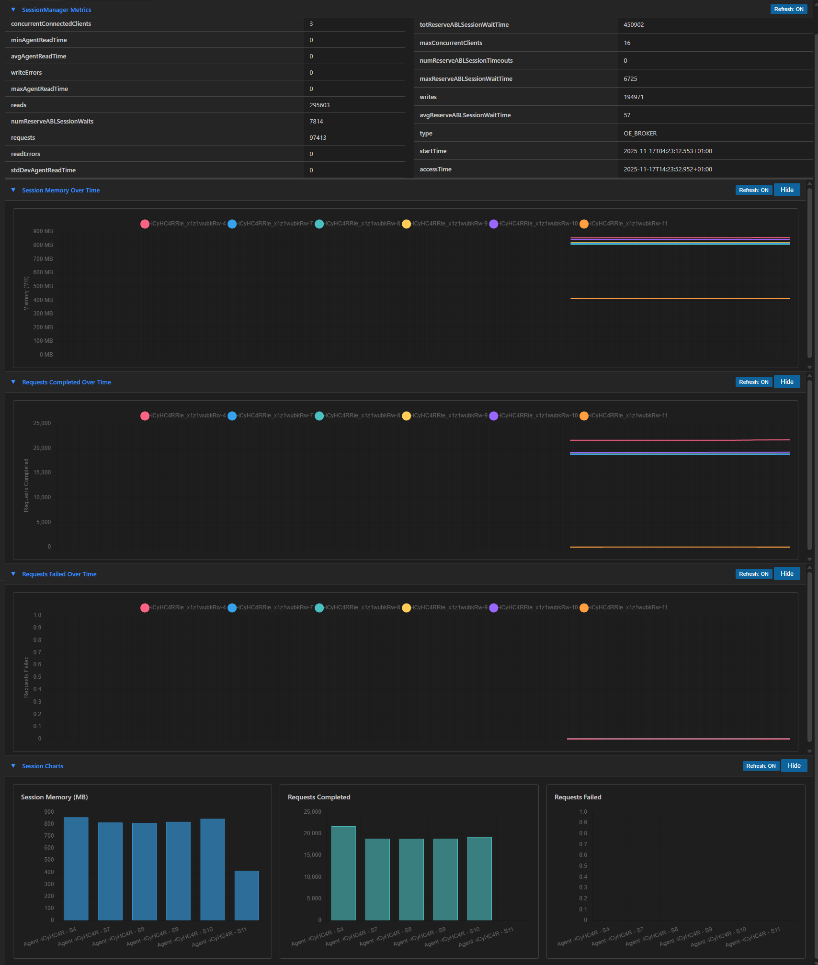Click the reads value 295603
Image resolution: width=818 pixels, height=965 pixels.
click(319, 105)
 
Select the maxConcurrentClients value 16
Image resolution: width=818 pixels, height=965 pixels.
click(627, 43)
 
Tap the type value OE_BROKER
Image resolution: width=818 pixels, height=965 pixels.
click(640, 134)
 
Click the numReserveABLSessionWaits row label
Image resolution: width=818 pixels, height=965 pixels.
click(52, 122)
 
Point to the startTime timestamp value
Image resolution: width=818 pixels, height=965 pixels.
click(667, 151)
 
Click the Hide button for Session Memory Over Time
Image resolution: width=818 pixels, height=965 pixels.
click(786, 190)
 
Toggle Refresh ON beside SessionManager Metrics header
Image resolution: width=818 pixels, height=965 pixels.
click(788, 9)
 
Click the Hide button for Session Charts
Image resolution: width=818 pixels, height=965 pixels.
click(794, 766)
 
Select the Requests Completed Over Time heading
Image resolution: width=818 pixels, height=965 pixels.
click(67, 382)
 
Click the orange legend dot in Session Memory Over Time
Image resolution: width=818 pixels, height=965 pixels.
click(584, 224)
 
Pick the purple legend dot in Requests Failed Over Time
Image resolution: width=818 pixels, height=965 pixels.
click(493, 608)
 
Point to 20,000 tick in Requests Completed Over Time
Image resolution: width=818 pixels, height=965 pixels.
click(42, 448)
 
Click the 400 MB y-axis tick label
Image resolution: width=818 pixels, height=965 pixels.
click(43, 300)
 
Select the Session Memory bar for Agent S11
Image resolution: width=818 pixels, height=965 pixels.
click(247, 895)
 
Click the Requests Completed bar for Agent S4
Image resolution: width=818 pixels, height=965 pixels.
click(343, 873)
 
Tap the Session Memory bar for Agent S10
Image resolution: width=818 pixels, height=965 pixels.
click(213, 869)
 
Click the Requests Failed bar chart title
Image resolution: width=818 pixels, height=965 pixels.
click(578, 797)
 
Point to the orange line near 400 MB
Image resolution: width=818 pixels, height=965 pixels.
click(680, 299)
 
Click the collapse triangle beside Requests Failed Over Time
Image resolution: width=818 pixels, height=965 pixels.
click(13, 574)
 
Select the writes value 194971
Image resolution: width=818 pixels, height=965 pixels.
click(633, 97)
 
